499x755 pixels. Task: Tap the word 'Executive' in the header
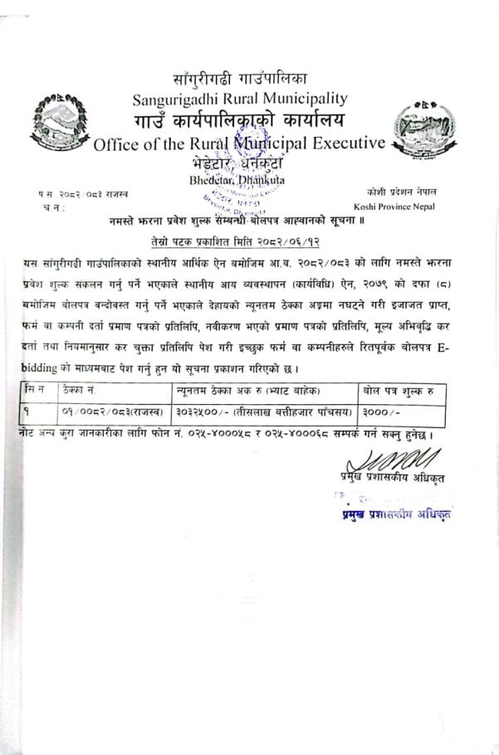pos(348,143)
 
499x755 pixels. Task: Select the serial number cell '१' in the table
pos(30,411)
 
